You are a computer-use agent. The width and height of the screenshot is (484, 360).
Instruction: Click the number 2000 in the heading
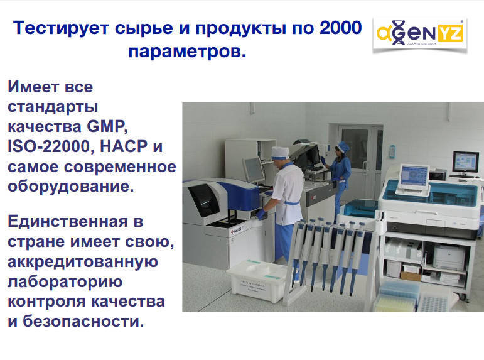pyautogui.click(x=340, y=28)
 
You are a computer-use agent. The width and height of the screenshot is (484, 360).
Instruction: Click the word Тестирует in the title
pyautogui.click(x=61, y=28)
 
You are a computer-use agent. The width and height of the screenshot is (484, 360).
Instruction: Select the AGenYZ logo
pyautogui.click(x=420, y=34)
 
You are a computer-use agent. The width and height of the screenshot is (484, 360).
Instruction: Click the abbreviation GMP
pyautogui.click(x=107, y=126)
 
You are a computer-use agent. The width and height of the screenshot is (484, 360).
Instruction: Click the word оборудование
pyautogui.click(x=71, y=187)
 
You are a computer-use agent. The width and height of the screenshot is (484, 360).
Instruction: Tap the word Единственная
pyautogui.click(x=68, y=222)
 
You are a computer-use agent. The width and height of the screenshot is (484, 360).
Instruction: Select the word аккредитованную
pyautogui.click(x=83, y=262)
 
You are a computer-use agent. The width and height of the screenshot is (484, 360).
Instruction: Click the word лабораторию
pyautogui.click(x=65, y=282)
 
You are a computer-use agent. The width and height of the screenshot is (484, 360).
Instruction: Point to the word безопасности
pyautogui.click(x=83, y=321)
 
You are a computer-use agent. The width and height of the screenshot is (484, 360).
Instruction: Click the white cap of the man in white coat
pyautogui.click(x=280, y=153)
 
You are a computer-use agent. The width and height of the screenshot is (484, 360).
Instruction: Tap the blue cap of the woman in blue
pyautogui.click(x=343, y=146)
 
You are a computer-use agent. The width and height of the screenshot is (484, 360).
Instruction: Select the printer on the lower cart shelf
pyautogui.click(x=449, y=257)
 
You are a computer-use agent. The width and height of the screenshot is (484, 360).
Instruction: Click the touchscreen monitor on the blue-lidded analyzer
pyautogui.click(x=414, y=175)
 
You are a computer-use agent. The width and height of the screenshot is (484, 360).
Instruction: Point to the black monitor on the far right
pyautogui.click(x=466, y=161)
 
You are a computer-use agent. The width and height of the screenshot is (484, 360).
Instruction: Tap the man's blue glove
pyautogui.click(x=261, y=214)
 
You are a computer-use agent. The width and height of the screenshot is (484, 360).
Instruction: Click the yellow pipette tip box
pyautogui.click(x=395, y=298)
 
